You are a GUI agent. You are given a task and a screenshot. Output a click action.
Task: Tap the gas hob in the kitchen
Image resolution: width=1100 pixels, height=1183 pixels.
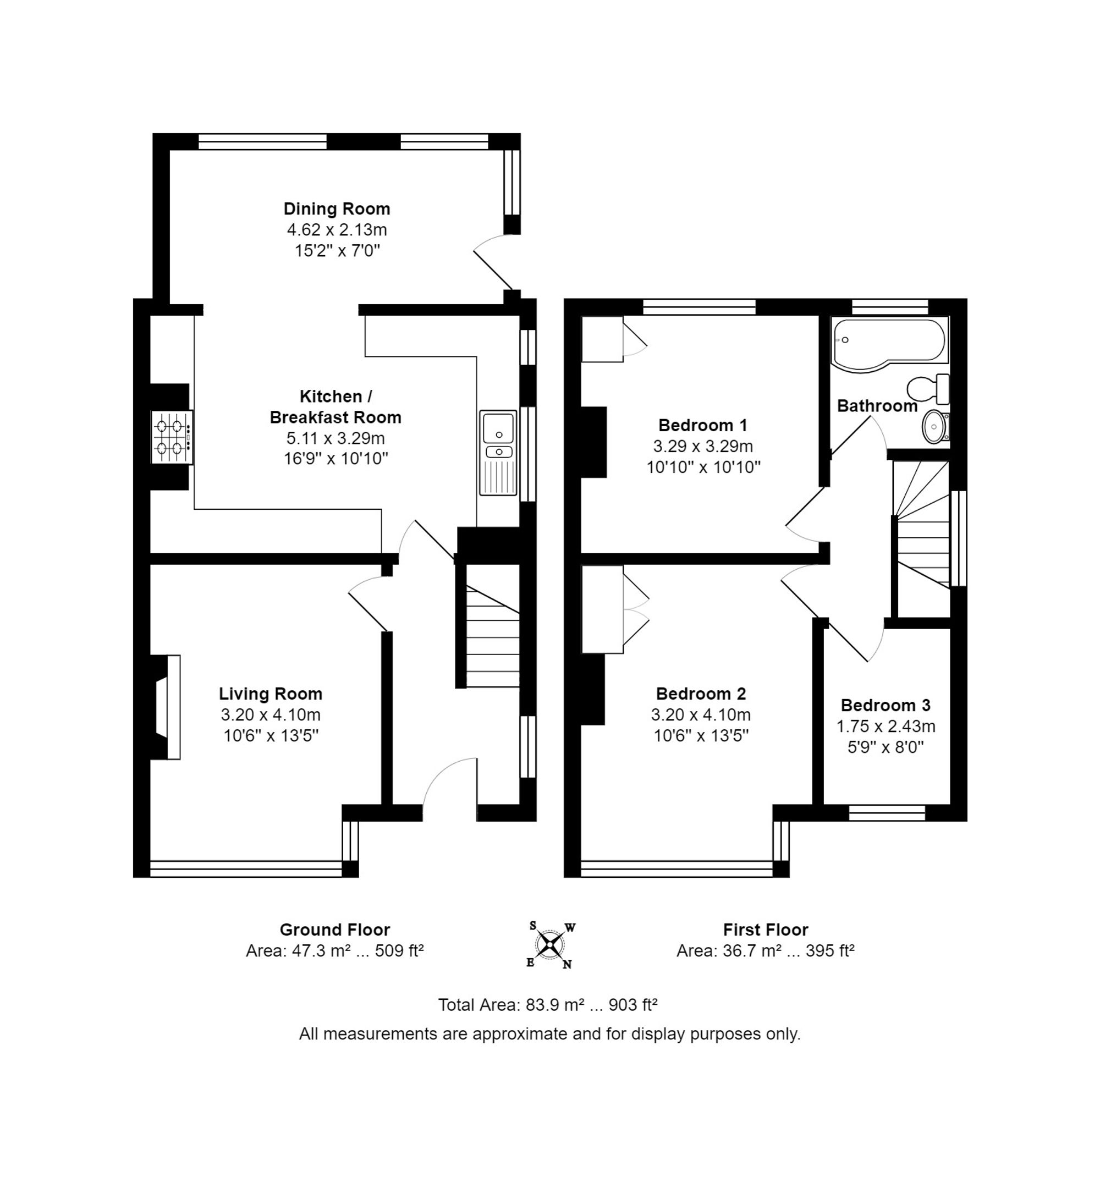pos(172,437)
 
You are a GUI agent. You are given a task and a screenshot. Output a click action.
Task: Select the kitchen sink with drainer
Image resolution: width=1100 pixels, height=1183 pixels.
pos(498,453)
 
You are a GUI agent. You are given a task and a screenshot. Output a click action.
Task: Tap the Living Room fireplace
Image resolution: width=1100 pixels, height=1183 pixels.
pos(166,707)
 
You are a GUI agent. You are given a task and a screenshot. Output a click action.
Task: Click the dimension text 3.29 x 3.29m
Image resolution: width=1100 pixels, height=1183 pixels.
pos(703,445)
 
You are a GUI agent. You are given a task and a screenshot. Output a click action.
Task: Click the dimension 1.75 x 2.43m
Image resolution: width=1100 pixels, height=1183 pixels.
pos(886,726)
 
